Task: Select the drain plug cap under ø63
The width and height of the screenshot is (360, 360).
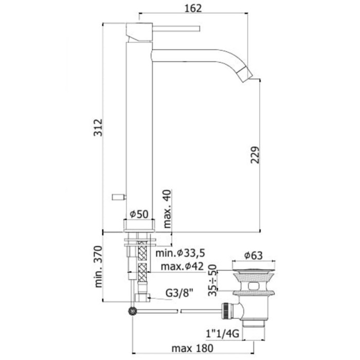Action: tap(254, 267)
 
